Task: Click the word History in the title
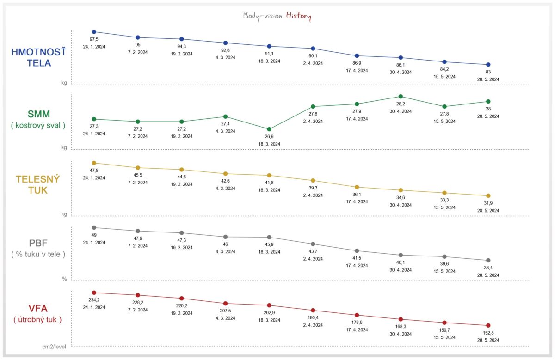(301, 16)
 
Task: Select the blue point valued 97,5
(94, 32)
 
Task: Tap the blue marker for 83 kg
(488, 65)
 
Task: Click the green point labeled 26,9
(269, 129)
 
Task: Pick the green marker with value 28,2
(401, 96)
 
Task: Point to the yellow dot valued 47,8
(94, 163)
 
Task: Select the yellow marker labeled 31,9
(488, 195)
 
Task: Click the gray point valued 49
(94, 227)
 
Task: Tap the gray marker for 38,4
(488, 260)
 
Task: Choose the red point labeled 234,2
(94, 293)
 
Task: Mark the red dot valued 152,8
(488, 325)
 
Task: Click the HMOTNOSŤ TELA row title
(38, 58)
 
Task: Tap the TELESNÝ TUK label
(38, 184)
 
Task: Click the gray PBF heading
(38, 244)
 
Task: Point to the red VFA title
(38, 309)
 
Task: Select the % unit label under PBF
(64, 279)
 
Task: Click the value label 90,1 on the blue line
(313, 56)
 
